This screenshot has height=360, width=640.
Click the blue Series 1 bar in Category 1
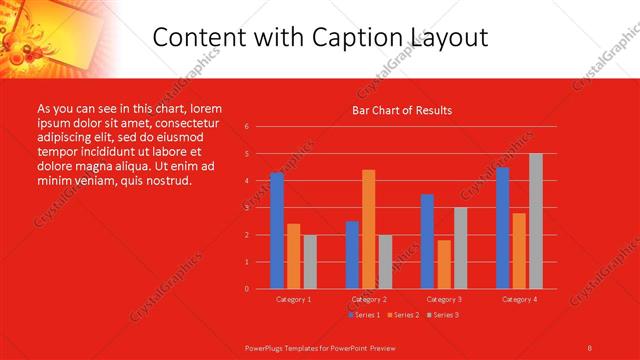click(x=277, y=231)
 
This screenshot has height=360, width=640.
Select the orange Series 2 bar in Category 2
click(x=369, y=229)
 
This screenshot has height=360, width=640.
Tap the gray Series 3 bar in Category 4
click(x=536, y=221)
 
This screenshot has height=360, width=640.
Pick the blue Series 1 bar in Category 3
click(x=427, y=241)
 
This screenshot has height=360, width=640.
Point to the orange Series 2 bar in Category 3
click(x=444, y=264)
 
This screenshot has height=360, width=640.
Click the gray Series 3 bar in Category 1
click(x=310, y=262)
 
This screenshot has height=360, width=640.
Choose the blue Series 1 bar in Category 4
click(x=502, y=228)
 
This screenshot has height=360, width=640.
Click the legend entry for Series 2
click(x=404, y=315)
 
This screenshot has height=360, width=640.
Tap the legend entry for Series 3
click(x=443, y=315)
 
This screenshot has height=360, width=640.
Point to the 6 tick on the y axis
click(x=246, y=127)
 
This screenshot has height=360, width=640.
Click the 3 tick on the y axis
click(x=246, y=208)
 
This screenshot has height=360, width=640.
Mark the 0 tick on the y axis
click(x=246, y=289)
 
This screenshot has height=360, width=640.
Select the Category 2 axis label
click(x=369, y=299)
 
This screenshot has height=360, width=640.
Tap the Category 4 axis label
click(x=519, y=299)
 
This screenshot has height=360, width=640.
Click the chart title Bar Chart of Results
click(x=402, y=111)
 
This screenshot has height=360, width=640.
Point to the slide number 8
click(x=590, y=347)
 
